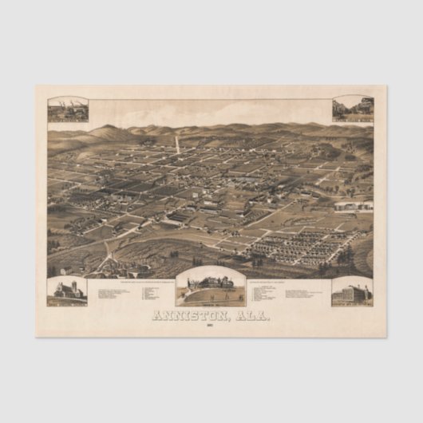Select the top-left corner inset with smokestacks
(67, 109)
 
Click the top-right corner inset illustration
(353, 109)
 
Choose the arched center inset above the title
(211, 287)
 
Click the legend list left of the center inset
(132, 294)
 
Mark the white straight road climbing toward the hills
(176, 144)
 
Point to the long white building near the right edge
(353, 206)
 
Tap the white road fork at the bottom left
(108, 251)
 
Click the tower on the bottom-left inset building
(72, 286)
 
